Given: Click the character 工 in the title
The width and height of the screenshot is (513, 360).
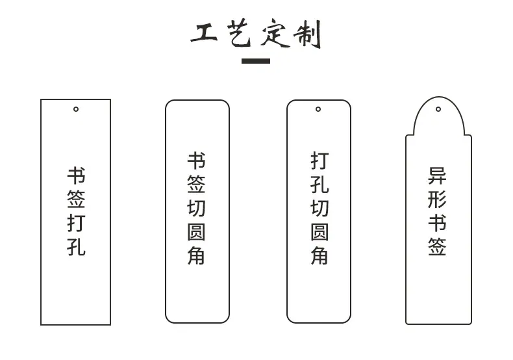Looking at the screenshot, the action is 204,33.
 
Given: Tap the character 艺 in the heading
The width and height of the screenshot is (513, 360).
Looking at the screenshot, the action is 240,32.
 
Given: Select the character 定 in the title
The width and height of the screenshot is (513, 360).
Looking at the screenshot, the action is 275,33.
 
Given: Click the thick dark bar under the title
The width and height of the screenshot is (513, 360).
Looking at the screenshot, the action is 256,61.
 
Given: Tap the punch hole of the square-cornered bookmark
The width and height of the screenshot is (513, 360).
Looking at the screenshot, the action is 76,109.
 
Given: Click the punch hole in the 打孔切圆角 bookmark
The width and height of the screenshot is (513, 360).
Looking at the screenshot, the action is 318,109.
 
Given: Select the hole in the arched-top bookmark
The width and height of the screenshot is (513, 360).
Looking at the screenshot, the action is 438,109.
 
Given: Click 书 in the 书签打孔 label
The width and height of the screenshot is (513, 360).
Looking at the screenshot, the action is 76,175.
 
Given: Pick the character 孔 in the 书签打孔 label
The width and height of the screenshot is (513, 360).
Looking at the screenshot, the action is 76,247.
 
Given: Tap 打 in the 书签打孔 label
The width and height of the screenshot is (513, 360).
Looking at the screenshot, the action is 76,223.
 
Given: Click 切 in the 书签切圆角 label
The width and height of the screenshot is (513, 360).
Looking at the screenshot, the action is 196,208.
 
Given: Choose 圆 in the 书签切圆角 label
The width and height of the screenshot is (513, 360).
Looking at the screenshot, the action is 196,232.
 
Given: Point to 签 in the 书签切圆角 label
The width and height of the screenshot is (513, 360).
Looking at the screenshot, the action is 196,185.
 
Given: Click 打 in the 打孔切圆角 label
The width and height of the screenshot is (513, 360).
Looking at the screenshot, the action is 319,161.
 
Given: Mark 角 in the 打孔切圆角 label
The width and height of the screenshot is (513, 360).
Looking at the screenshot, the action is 319,255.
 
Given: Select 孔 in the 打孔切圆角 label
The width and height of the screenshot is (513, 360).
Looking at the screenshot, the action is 319,185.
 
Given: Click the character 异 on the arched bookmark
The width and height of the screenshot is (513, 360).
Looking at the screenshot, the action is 438,175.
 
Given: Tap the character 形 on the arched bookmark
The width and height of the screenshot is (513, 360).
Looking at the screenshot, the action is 438,199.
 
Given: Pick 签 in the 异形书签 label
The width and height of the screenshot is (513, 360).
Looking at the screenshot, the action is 438,247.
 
